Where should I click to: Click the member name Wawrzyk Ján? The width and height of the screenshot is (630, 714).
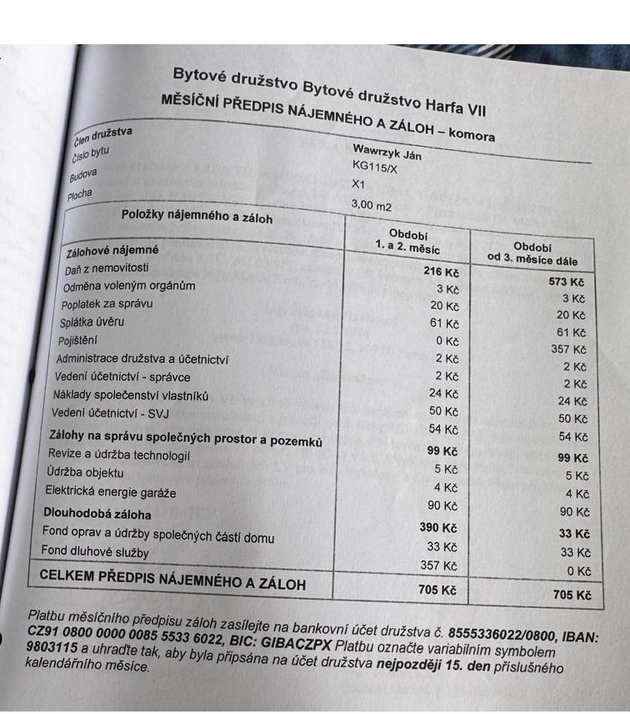387,154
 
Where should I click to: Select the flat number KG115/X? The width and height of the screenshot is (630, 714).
376,168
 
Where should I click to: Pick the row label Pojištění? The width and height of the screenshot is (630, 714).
77,340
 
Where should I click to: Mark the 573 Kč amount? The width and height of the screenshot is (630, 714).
567,281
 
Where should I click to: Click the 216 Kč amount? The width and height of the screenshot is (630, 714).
441,271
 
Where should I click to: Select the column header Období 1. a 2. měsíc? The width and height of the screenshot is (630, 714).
407,240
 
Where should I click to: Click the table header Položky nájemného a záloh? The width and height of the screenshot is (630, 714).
197,218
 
